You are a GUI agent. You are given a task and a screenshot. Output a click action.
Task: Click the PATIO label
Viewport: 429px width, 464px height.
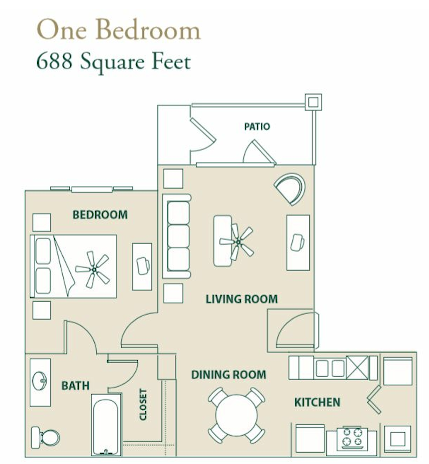pyautogui.click(x=257, y=127)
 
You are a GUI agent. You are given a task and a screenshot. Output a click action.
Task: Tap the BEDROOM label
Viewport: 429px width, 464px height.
pyautogui.click(x=100, y=215)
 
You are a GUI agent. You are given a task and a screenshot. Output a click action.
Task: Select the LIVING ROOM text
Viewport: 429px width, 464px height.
pyautogui.click(x=242, y=299)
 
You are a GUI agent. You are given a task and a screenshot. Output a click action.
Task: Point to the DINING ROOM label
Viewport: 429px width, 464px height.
pyautogui.click(x=228, y=374)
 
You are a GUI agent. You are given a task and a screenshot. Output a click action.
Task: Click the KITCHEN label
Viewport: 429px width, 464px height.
pyautogui.click(x=317, y=402)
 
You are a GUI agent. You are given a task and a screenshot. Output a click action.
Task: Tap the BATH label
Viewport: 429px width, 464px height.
pyautogui.click(x=75, y=386)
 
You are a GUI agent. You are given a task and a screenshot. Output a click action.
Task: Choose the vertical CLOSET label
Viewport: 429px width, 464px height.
pyautogui.click(x=143, y=405)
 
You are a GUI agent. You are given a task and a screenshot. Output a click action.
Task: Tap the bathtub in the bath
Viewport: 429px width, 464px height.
pyautogui.click(x=106, y=425)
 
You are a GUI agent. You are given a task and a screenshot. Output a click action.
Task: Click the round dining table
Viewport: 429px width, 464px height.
pyautogui.click(x=236, y=415)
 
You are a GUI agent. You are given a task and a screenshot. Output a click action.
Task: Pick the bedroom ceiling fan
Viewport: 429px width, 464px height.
pyautogui.click(x=93, y=269)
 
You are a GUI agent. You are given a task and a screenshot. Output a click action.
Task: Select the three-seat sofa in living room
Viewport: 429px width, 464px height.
pyautogui.click(x=177, y=236)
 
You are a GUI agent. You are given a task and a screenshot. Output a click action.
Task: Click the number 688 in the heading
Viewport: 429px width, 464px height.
pyautogui.click(x=54, y=62)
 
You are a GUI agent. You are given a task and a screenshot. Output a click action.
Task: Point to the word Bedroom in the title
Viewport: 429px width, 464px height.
pyautogui.click(x=148, y=30)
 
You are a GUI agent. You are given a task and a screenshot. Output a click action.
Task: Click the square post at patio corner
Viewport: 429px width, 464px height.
pyautogui.click(x=313, y=102)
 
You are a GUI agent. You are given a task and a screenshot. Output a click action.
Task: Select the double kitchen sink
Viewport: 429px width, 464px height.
pyautogui.click(x=330, y=368)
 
